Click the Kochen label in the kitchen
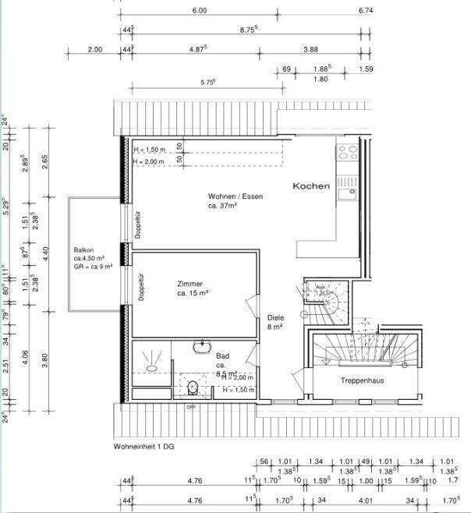(311, 186)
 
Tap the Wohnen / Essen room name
(235, 196)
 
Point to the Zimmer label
(190, 284)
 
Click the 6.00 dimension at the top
(199, 11)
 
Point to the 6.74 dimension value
(367, 11)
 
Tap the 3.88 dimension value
(310, 49)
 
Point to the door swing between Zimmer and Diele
(251, 309)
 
